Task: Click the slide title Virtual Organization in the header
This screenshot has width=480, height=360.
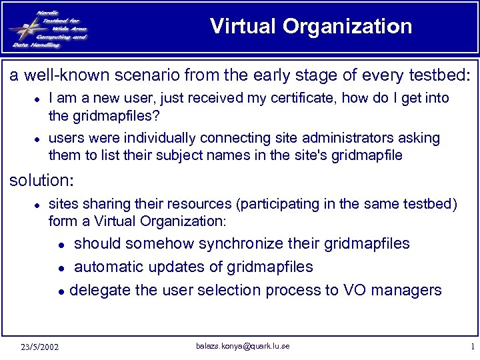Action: point(311,27)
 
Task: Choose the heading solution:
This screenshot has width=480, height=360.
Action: point(40,181)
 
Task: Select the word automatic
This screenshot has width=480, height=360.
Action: point(104,267)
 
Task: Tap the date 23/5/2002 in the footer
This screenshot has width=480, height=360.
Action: point(39,347)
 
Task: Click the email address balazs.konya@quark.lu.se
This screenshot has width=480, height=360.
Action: point(243,346)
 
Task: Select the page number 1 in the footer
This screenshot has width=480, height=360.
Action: point(471,347)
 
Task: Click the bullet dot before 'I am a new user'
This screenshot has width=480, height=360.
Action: point(39,99)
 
